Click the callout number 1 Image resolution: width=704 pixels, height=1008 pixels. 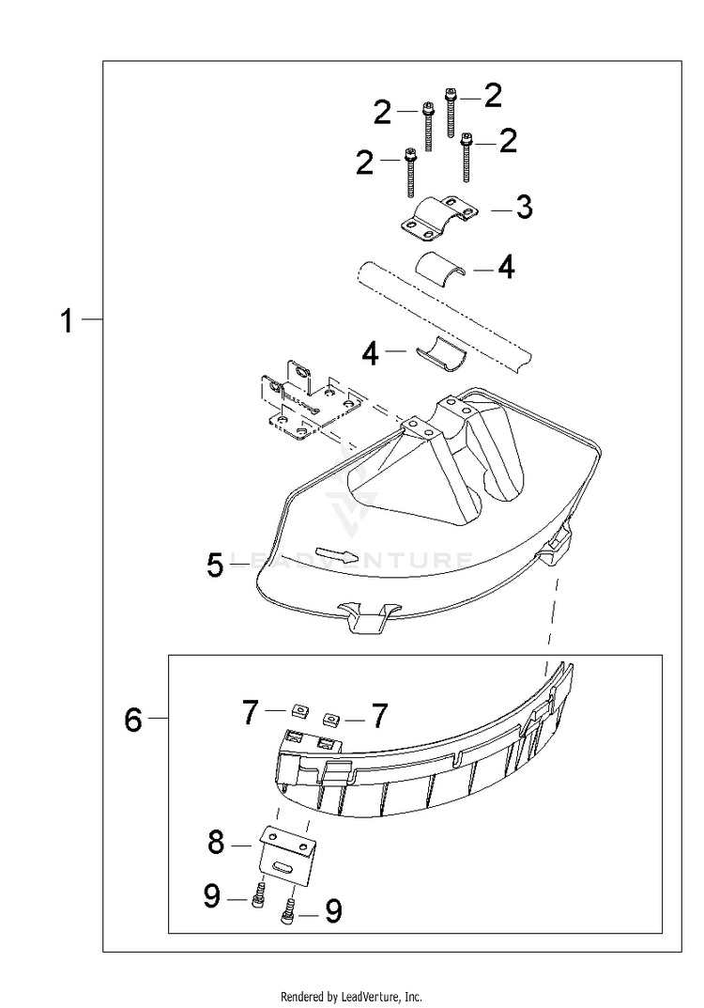[67, 321]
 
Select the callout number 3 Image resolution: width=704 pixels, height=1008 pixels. [524, 208]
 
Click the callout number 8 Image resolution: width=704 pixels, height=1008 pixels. [216, 843]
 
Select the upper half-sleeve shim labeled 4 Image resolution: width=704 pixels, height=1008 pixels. [441, 266]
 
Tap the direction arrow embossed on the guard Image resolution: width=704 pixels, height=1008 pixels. [337, 556]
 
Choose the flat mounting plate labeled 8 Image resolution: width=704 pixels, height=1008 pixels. [288, 854]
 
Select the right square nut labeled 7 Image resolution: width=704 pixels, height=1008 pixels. [330, 721]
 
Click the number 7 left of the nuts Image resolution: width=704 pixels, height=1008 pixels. [249, 713]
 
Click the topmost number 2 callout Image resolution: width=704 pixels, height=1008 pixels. [492, 95]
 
